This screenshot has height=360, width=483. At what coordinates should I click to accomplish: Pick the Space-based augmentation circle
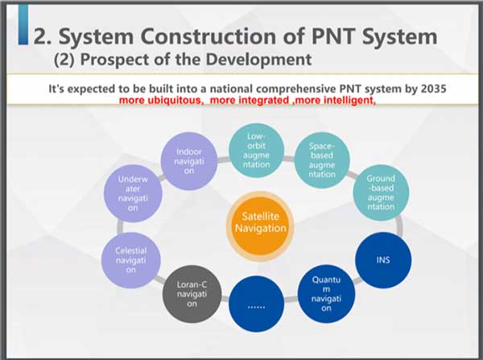(322, 160)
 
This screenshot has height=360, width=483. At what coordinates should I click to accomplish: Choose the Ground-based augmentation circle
(380, 193)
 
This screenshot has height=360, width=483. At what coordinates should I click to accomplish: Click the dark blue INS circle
(382, 260)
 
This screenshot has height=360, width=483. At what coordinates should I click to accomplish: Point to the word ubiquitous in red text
(178, 102)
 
